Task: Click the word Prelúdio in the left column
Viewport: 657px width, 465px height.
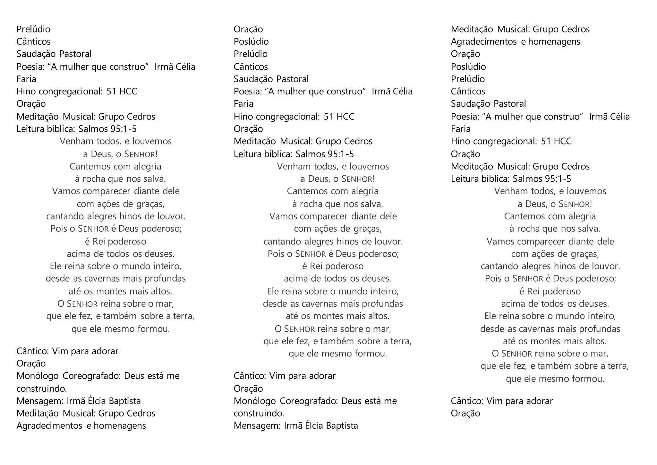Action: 33,29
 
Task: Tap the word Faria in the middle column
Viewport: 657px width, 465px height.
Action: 243,104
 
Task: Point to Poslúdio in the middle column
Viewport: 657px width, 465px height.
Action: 251,42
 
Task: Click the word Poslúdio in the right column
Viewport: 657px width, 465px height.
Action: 468,67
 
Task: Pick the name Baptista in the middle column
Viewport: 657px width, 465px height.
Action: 342,426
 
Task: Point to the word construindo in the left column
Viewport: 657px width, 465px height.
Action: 41,389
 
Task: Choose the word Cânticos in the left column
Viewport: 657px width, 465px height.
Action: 34,42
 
